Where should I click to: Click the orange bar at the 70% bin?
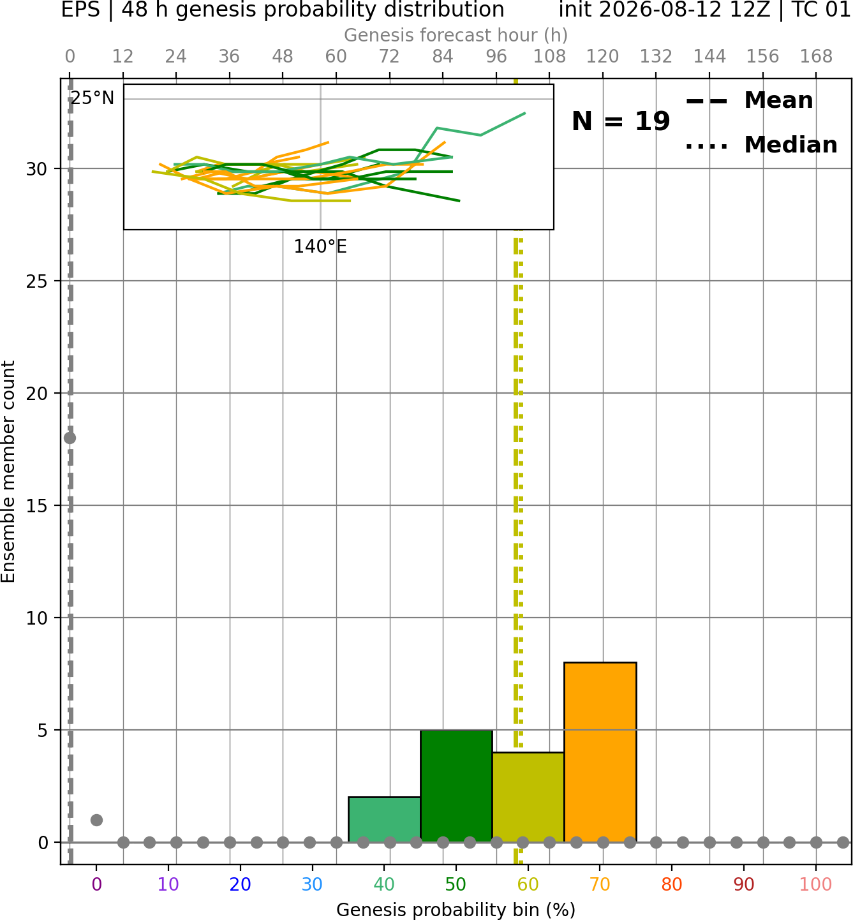tap(600, 752)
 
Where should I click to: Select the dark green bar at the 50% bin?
tap(456, 786)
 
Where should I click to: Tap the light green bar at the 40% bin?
tap(384, 819)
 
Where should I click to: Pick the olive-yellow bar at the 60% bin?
tap(528, 798)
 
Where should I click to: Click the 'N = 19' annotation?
tap(621, 121)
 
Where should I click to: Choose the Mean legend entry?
tap(749, 101)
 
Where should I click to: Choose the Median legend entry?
tap(762, 145)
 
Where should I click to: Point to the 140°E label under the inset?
tap(320, 247)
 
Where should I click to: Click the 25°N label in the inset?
tap(93, 98)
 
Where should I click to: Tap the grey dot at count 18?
tap(70, 438)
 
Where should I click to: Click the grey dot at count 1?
tap(96, 820)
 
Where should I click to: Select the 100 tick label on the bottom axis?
tap(815, 884)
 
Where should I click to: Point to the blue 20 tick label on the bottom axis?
tap(241, 884)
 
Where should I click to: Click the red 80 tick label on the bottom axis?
tap(672, 884)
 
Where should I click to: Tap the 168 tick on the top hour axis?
tap(816, 57)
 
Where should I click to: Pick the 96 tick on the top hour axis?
tap(496, 57)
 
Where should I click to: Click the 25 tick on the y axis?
tap(36, 281)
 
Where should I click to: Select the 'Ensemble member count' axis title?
tap(8, 471)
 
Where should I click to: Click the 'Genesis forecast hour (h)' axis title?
tap(456, 35)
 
